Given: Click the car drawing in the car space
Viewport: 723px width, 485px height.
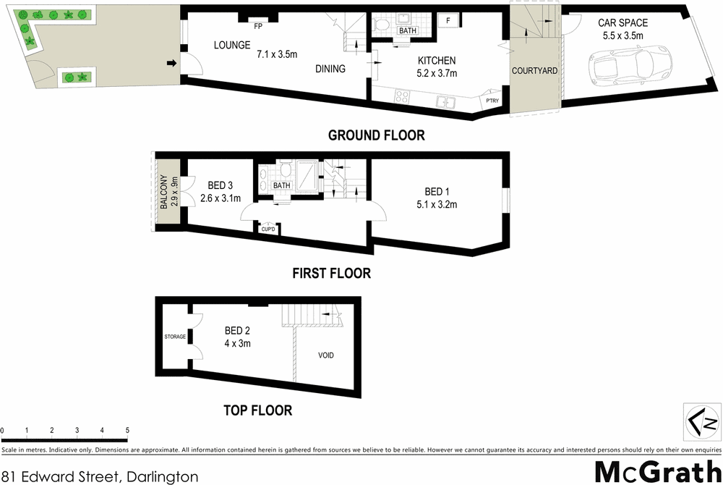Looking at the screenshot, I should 620,67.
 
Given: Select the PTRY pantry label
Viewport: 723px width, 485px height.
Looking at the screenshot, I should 492,101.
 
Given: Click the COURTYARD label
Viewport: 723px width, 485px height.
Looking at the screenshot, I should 534,71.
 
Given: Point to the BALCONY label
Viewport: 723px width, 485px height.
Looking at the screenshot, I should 165,193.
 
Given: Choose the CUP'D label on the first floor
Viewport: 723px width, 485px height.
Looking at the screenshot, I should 269,229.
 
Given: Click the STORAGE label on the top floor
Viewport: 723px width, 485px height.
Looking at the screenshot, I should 175,337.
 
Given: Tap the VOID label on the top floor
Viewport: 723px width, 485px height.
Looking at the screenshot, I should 326,355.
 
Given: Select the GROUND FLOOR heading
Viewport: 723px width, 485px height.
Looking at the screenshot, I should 376,135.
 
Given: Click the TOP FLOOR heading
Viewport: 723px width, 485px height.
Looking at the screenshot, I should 257,410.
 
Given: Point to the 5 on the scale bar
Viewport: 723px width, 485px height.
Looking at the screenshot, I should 127,431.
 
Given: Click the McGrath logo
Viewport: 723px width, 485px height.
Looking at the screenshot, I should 656,471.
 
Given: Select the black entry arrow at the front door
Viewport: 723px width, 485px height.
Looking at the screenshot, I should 171,64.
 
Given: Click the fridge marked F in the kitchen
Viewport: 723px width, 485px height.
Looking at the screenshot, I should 448,20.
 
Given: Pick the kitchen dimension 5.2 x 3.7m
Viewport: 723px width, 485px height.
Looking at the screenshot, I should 437,73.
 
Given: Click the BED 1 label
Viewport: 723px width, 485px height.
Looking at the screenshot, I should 437,192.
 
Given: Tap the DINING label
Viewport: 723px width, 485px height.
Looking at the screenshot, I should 330,69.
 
